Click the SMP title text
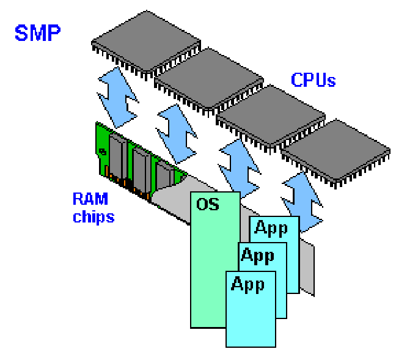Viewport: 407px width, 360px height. point(37,32)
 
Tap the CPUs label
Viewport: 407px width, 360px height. point(313,79)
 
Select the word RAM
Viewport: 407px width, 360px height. point(90,199)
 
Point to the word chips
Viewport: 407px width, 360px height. point(93,216)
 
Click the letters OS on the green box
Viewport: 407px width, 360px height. point(207,204)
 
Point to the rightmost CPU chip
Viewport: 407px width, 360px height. point(337,150)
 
